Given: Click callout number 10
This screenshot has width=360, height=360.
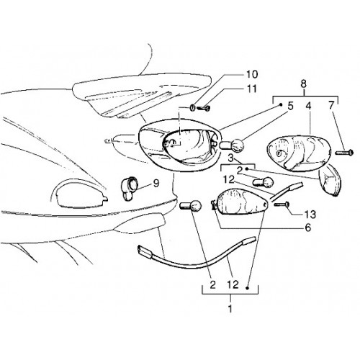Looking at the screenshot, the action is point(251,74).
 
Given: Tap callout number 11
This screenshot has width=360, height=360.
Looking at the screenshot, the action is point(251,89).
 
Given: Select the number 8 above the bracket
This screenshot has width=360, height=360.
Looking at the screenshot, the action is point(304,84).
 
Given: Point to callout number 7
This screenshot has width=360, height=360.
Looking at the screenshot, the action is point(331,106).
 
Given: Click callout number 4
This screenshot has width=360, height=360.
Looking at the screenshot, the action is point(308,106).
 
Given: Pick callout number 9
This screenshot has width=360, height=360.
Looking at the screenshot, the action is point(156,184).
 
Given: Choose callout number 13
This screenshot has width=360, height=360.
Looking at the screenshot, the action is point(310,215).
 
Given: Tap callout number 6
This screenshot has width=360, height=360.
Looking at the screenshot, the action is point(307,228).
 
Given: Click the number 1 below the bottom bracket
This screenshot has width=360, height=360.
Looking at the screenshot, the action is point(230,309).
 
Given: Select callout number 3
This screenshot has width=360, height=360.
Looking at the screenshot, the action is point(230,158).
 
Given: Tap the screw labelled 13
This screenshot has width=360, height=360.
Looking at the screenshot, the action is point(282,204).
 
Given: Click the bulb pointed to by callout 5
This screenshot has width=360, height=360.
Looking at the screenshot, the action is point(232,145).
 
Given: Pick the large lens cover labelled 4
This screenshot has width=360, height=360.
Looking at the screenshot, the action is point(300,153).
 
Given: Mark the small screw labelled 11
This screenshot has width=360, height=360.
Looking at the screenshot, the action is point(204,109).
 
